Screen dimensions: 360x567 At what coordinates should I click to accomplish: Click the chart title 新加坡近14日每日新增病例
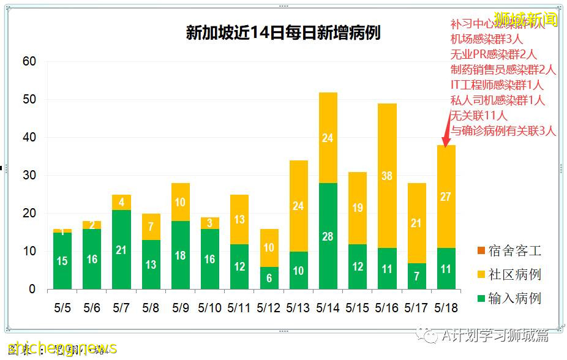(283, 32)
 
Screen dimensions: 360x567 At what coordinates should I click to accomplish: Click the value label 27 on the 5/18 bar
(446, 197)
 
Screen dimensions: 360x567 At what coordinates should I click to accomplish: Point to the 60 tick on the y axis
(29, 61)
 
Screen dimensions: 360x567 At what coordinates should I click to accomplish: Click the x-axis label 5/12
(268, 308)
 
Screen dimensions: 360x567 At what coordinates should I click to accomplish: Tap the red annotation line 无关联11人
(479, 115)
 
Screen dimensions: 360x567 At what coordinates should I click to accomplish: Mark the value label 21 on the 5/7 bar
(121, 250)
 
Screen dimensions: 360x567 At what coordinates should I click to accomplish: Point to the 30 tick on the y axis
(29, 175)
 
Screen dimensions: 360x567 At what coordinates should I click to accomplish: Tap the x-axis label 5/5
(62, 308)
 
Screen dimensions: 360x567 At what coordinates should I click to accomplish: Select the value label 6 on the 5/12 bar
(268, 277)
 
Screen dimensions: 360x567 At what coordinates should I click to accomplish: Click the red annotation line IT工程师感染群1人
(497, 85)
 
